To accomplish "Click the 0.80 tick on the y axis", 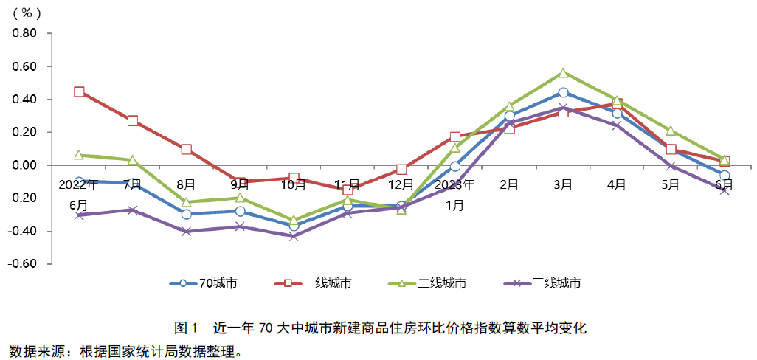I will (26, 33).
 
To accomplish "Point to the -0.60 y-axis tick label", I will (24, 264).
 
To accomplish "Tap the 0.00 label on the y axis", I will (26, 165).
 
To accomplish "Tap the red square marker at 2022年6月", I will (79, 92).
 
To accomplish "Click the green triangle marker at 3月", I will (563, 73).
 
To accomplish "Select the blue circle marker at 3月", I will (563, 92).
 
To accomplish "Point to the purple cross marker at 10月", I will (294, 236).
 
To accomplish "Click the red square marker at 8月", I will (186, 150).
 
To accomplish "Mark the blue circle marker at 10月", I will (294, 226).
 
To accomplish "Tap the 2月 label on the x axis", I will (509, 184).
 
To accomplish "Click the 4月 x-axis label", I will (617, 184).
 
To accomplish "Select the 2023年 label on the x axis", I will (455, 184).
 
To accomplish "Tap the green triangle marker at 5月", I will (671, 131).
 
